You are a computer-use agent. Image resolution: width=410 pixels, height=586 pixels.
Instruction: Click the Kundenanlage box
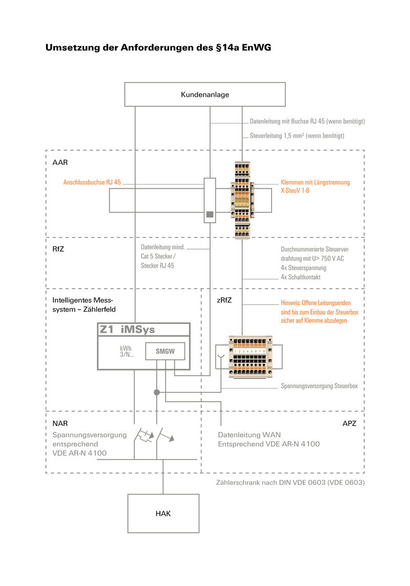coord(205,95)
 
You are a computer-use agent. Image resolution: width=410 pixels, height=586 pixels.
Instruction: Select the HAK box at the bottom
coord(163,513)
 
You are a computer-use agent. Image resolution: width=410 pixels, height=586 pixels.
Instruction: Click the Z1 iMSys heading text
coord(127,331)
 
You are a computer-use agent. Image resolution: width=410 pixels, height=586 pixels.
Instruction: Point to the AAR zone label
coord(60,163)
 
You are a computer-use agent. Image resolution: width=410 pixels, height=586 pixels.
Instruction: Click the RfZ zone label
coord(58,249)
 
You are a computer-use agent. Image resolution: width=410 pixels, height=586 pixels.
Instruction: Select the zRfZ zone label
coord(224,300)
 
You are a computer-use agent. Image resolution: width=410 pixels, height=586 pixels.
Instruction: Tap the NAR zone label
coord(60,424)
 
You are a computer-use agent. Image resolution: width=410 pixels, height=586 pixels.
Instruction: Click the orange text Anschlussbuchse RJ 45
coord(92,182)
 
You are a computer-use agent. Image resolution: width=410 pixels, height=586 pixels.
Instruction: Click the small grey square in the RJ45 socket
coord(209,215)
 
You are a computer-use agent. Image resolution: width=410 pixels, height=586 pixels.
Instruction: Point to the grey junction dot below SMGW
coord(157,392)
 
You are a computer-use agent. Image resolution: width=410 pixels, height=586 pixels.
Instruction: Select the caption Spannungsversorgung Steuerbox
coord(319,386)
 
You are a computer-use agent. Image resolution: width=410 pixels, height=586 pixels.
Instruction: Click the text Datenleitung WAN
coord(249,435)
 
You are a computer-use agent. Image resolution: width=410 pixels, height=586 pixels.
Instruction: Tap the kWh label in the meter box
coord(126,348)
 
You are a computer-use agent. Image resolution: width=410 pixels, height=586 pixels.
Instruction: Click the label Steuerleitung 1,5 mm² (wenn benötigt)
coord(297,136)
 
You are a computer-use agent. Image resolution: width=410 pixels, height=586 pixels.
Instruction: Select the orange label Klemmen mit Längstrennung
coord(315,182)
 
